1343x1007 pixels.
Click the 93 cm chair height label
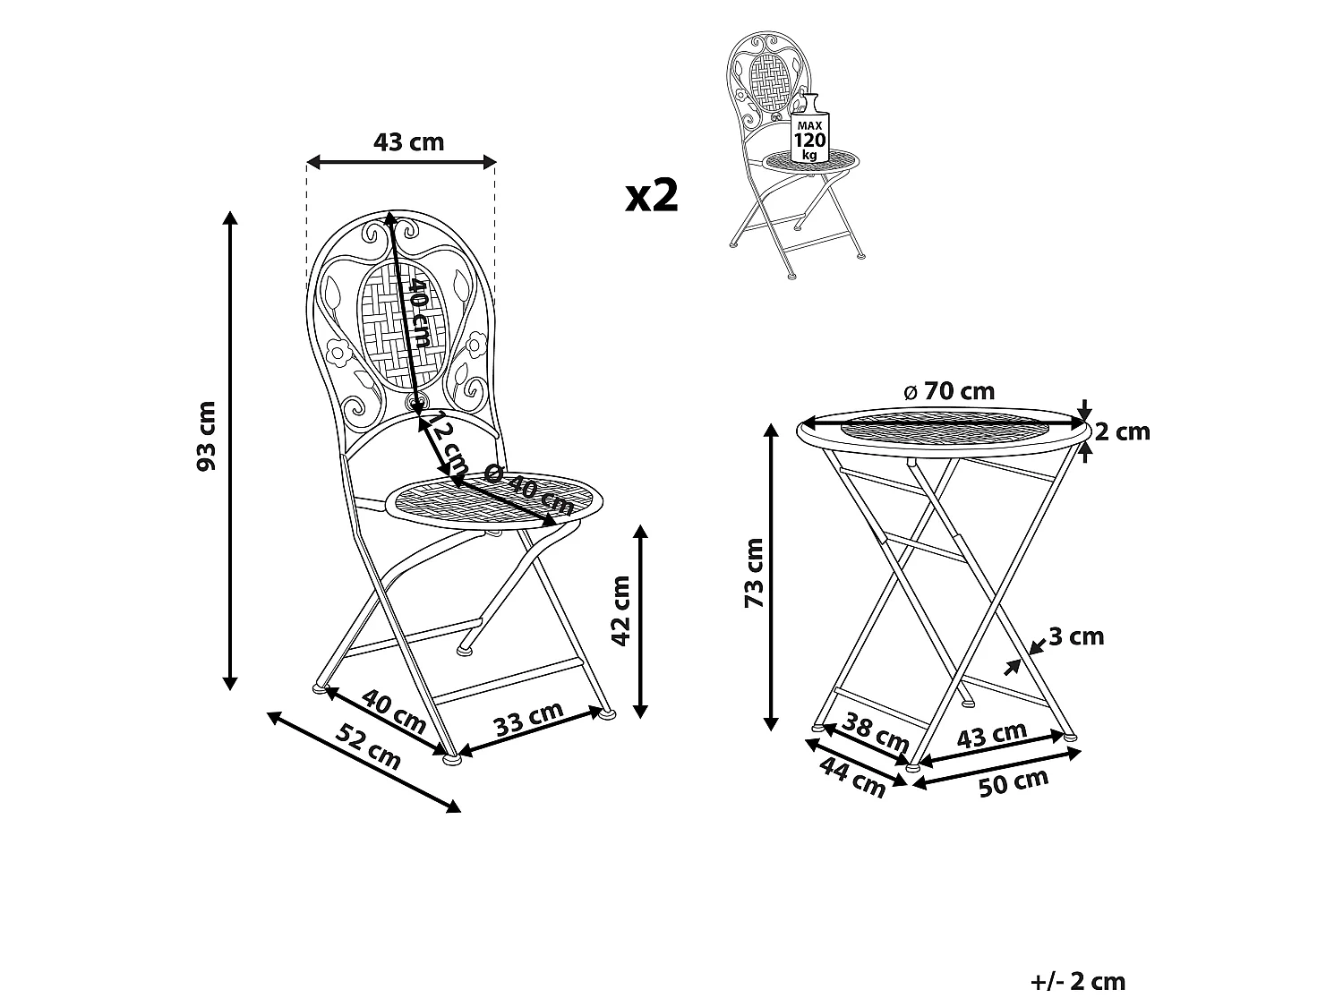coord(207,436)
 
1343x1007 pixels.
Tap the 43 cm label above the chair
coord(408,141)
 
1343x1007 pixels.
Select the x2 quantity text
coord(652,195)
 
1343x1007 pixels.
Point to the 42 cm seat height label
coord(621,610)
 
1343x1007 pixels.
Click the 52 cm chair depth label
coord(368,747)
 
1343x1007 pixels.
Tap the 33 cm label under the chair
coord(528,719)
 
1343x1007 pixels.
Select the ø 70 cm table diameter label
coord(949,391)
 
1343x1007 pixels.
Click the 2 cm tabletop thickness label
coord(1122,431)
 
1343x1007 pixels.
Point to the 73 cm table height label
coord(755,573)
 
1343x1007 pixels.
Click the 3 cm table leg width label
coord(1076,636)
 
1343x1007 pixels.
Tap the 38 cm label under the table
coord(876,732)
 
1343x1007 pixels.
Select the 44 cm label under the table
coord(852,777)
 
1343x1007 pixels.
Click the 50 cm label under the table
coord(1014,783)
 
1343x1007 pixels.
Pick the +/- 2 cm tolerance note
coord(1077,981)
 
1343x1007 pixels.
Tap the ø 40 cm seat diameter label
coord(528,488)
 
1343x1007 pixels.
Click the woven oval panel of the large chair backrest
coord(402,327)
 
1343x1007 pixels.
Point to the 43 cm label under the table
coord(991,735)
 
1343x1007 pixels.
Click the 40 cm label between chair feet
coord(393,711)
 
